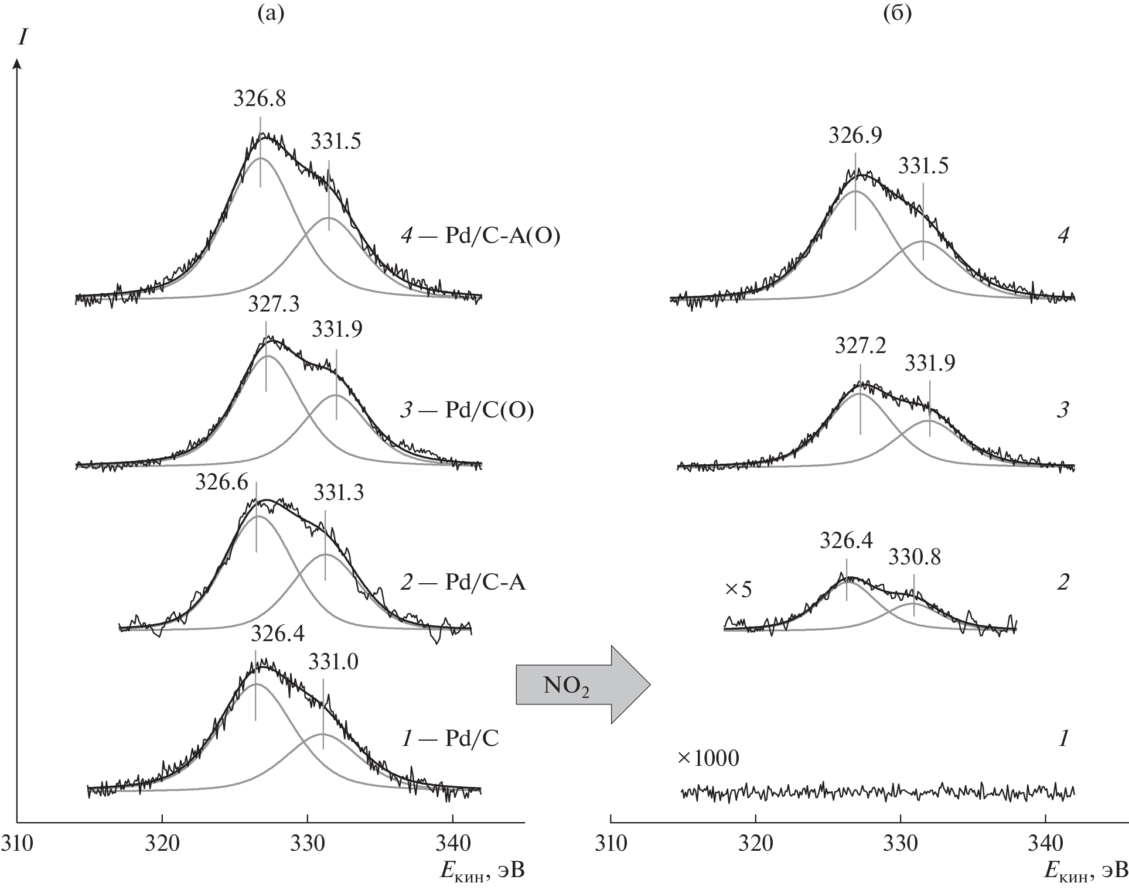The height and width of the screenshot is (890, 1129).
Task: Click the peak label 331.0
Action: coord(333,662)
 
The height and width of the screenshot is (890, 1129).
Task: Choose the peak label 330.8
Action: coord(915,557)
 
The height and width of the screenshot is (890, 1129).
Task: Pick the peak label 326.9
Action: coord(855,136)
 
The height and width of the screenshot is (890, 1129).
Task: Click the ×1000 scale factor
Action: coord(708,759)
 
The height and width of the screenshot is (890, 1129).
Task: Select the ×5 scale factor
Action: coord(738,589)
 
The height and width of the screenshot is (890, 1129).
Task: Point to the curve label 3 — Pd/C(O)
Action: coord(466,410)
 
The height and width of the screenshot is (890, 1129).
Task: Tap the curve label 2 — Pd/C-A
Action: coord(463,583)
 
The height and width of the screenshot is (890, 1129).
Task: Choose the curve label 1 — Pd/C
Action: coord(450,739)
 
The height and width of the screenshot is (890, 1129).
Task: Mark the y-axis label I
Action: coord(22,38)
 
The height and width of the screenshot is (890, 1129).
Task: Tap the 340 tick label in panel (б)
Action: coord(1046,844)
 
